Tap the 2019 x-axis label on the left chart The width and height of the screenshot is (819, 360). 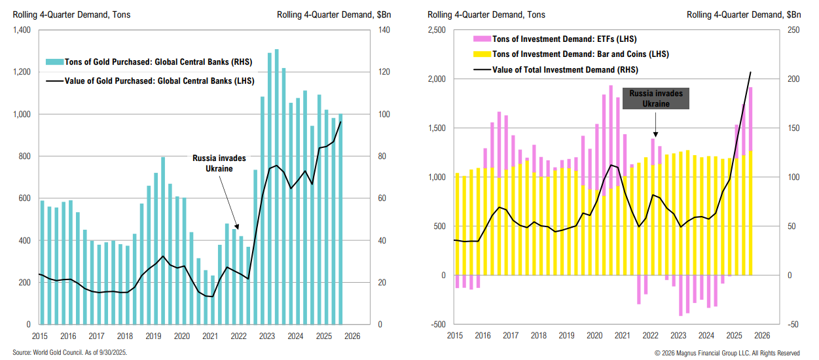click(153, 336)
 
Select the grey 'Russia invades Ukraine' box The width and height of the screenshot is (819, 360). click(655, 98)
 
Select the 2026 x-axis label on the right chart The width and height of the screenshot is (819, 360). click(761, 336)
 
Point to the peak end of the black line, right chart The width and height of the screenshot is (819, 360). click(750, 72)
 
